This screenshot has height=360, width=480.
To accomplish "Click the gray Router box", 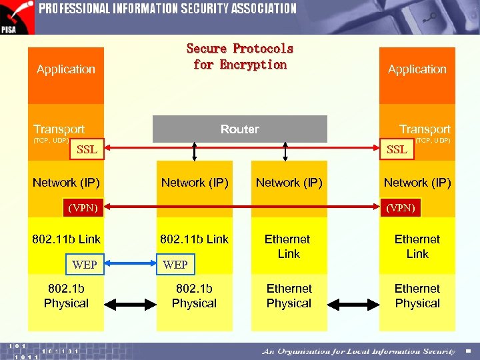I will click(240, 129).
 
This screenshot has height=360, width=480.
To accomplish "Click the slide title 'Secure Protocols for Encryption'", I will click(240, 57).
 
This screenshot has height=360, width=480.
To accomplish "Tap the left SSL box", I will click(87, 149).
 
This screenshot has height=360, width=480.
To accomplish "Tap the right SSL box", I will click(397, 149).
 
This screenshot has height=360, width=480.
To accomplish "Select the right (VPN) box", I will click(401, 208).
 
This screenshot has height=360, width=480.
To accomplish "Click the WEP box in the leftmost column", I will click(85, 265).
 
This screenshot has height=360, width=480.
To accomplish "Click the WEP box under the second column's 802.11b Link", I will click(175, 265).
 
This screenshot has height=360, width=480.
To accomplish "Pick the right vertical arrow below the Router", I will click(285, 151).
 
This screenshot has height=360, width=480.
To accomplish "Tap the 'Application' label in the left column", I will click(66, 69).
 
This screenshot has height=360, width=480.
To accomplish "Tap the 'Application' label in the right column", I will click(417, 69).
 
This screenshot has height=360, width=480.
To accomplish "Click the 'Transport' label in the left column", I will click(59, 129).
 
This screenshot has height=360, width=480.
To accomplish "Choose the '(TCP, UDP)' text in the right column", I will click(433, 141).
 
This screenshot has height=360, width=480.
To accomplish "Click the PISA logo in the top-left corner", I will click(17, 17).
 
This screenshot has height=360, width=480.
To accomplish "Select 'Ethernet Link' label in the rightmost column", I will click(417, 246).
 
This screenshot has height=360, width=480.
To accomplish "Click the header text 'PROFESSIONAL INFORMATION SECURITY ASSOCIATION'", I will click(167, 9).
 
